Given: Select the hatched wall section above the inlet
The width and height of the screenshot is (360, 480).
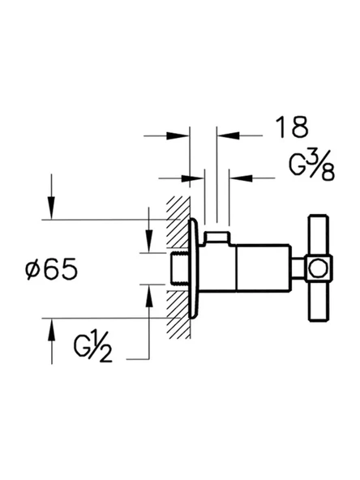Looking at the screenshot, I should coord(177,227).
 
